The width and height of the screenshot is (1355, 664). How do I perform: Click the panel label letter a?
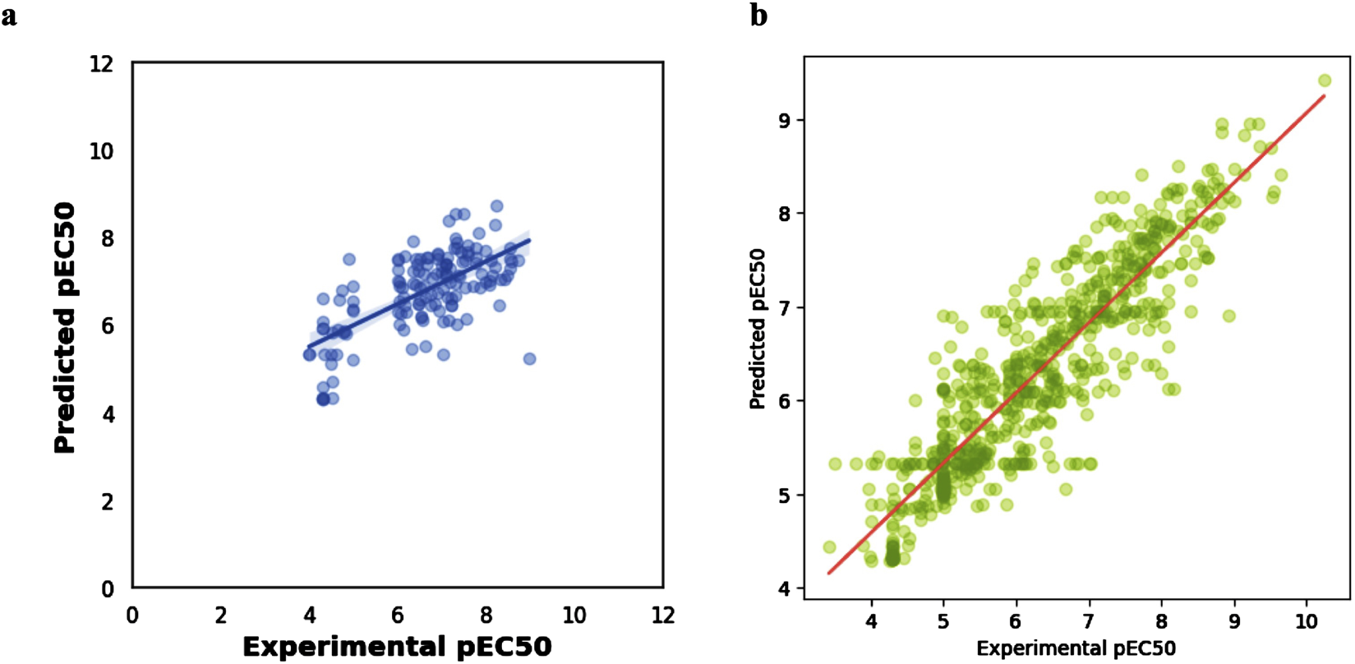click(x=9, y=16)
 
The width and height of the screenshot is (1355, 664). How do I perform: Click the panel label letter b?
click(x=758, y=16)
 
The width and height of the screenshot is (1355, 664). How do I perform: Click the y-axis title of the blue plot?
click(x=65, y=328)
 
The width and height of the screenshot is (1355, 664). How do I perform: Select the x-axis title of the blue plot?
click(x=397, y=647)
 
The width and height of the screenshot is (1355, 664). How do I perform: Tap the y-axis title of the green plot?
click(x=758, y=329)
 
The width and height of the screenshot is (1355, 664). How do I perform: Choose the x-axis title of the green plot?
click(x=1076, y=648)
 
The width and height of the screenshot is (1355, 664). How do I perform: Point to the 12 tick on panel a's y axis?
click(x=102, y=63)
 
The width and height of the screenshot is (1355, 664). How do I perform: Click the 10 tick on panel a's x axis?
click(x=574, y=616)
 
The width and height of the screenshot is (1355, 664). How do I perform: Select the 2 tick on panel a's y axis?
click(x=108, y=501)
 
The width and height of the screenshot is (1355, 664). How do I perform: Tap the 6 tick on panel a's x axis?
click(x=398, y=616)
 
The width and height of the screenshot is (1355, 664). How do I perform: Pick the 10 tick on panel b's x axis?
click(x=1307, y=621)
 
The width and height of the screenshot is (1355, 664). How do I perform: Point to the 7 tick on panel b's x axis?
click(x=1089, y=621)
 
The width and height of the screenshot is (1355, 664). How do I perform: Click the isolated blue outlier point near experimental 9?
click(x=529, y=359)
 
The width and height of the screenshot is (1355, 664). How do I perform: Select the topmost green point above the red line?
click(x=1325, y=81)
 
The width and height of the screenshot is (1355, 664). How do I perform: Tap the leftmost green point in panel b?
click(x=829, y=547)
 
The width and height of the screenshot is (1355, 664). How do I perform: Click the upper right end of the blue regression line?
click(x=530, y=241)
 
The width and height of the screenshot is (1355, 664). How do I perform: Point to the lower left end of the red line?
click(x=829, y=573)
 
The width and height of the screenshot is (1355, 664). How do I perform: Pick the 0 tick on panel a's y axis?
click(x=108, y=589)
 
